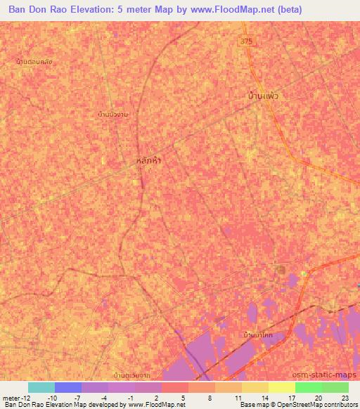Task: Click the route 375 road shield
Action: pyautogui.click(x=245, y=41)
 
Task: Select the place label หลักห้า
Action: pyautogui.click(x=147, y=160)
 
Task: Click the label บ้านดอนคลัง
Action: pyautogui.click(x=34, y=62)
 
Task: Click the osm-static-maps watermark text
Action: pyautogui.click(x=329, y=375)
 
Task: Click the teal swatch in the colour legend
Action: pyautogui.click(x=41, y=387)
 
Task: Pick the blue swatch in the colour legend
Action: pyautogui.click(x=68, y=387)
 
